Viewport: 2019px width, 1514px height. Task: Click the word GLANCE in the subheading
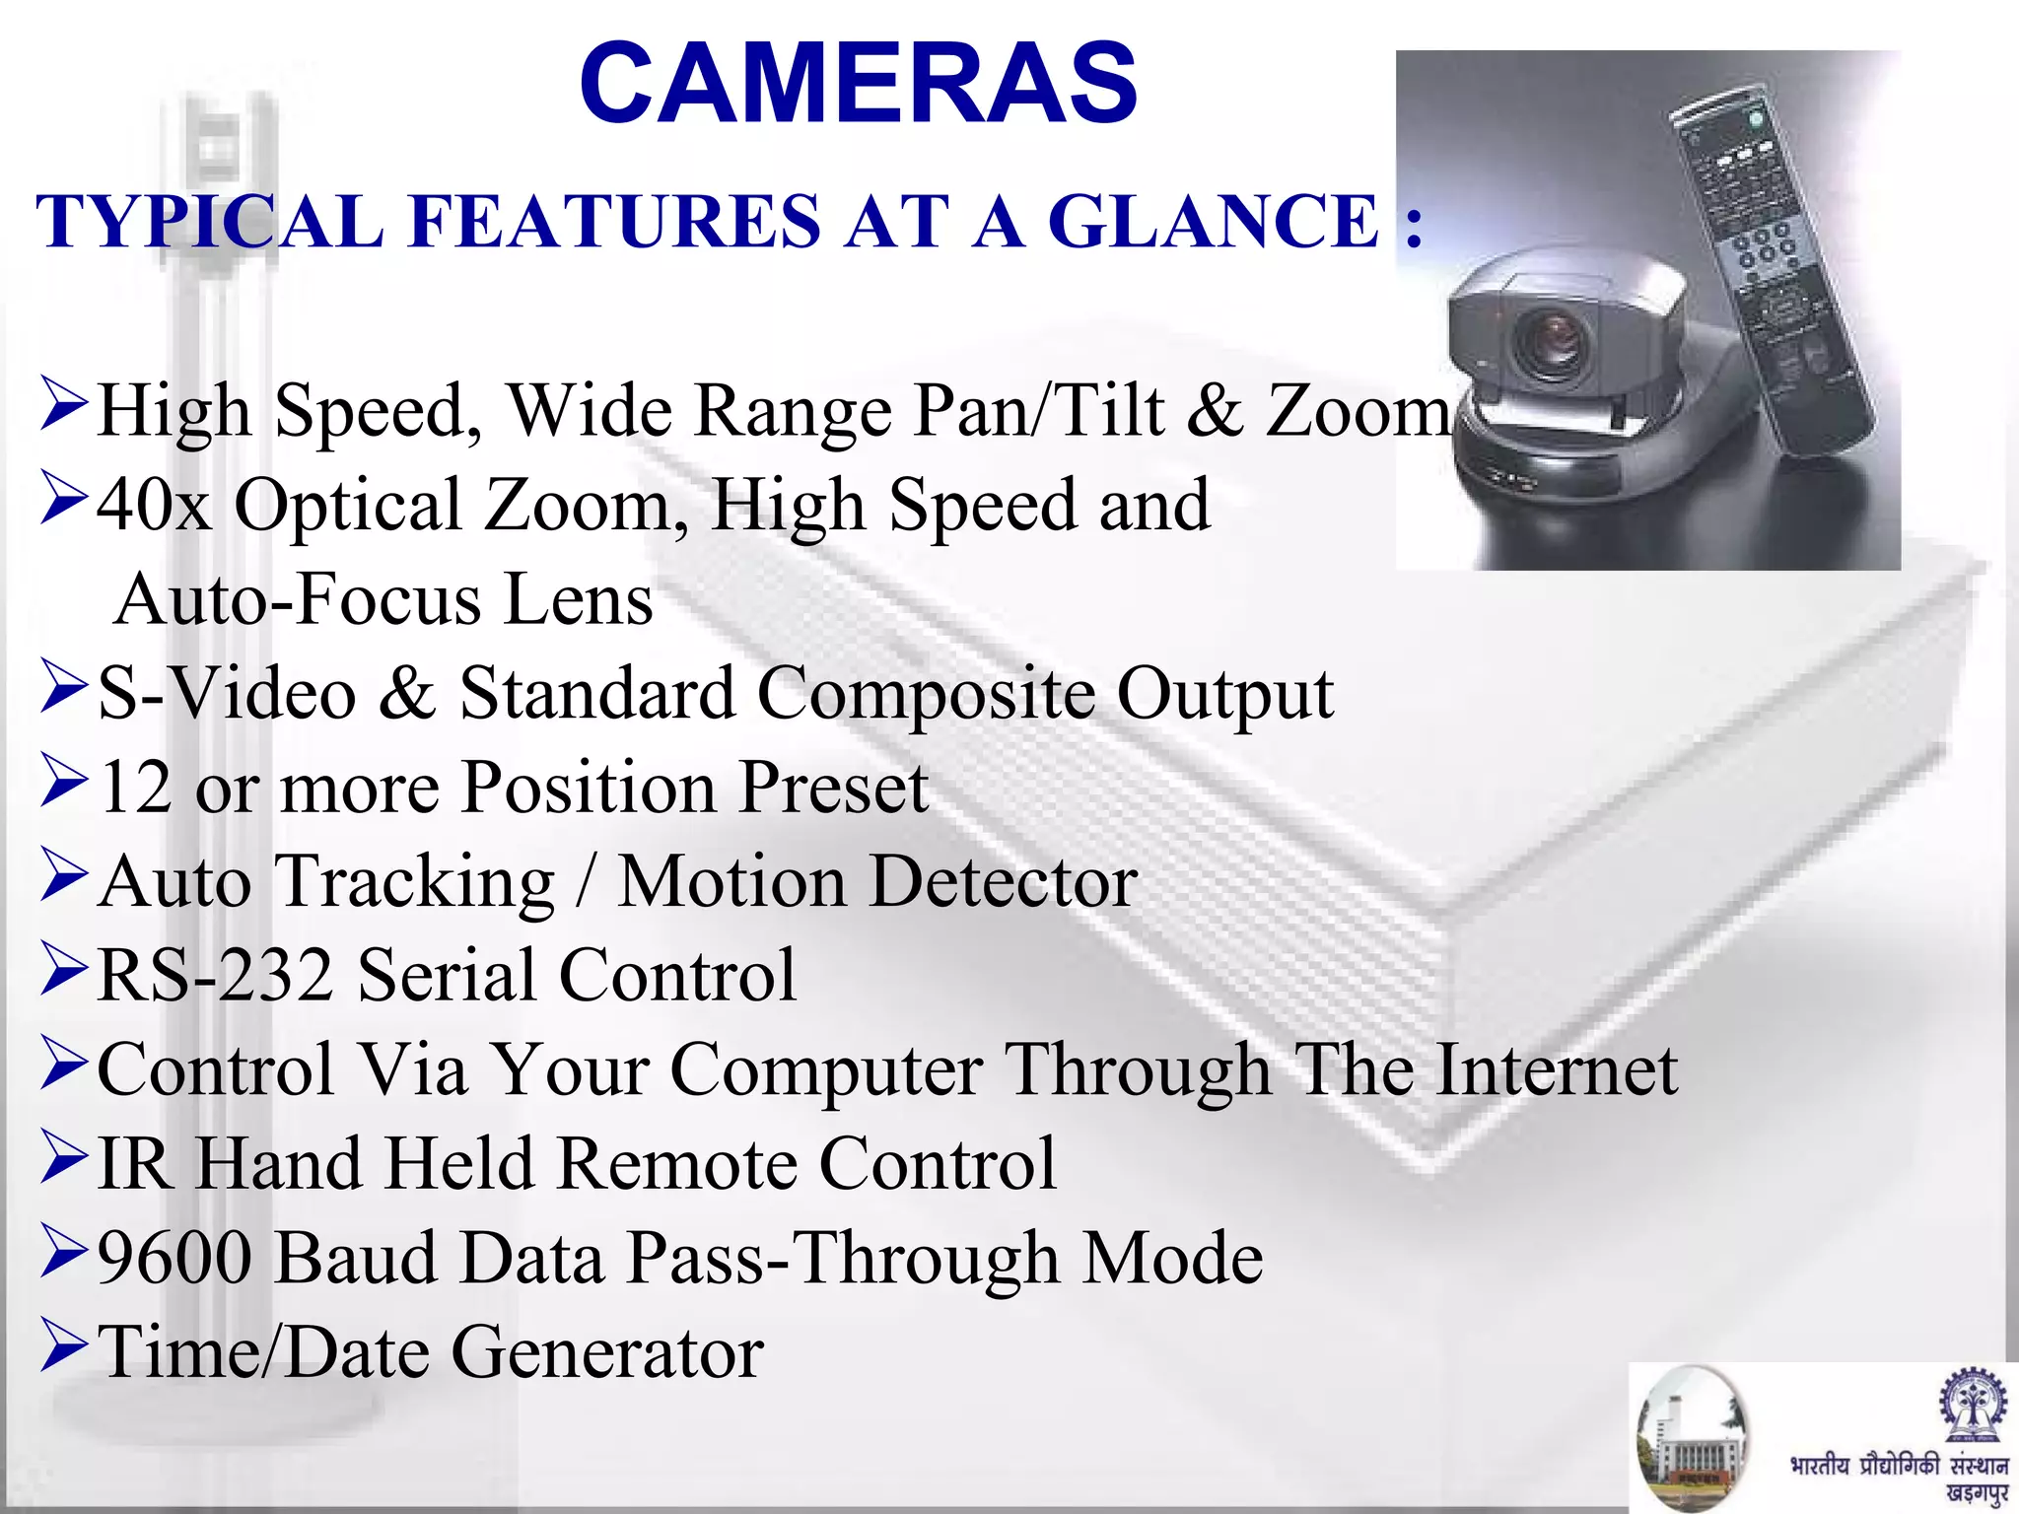click(x=1213, y=221)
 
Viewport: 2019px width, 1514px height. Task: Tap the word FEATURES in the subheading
click(x=614, y=221)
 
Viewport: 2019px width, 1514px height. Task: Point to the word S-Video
click(x=227, y=693)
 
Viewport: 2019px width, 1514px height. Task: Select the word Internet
click(x=1558, y=1069)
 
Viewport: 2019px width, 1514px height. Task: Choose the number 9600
click(x=174, y=1259)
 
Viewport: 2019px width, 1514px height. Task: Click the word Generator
click(x=607, y=1352)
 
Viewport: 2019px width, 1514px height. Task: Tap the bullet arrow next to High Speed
click(x=64, y=406)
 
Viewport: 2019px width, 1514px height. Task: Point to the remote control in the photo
click(x=1770, y=276)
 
